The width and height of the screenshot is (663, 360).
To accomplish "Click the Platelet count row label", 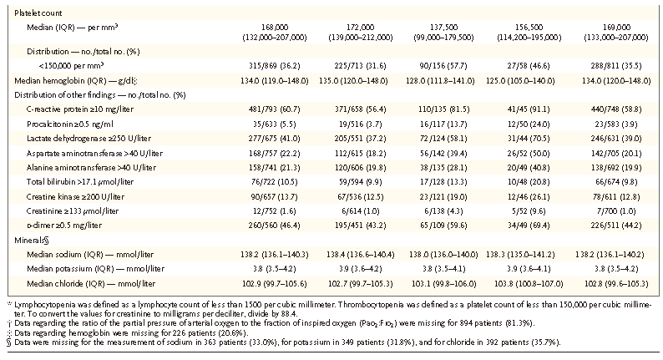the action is point(38,13).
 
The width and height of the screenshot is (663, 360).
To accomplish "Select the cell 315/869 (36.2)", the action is point(275,66).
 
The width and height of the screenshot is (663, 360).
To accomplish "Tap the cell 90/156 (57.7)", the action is point(443,66).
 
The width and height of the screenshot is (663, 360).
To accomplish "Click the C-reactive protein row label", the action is point(80,109).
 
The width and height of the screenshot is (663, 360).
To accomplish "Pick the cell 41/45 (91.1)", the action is point(529,109).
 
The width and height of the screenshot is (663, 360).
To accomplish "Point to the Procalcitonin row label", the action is point(70,124).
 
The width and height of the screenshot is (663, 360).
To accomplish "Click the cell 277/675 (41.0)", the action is point(275,139).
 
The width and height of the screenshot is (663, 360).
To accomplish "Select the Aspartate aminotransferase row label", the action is point(94,153).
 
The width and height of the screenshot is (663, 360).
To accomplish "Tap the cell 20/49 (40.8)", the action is point(529,168).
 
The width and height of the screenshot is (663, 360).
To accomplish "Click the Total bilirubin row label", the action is point(80,182).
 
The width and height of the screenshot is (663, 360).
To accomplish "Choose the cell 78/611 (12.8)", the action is point(616,197).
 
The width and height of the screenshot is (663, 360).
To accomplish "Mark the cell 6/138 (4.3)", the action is point(443,211).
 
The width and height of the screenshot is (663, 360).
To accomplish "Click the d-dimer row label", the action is point(64,226).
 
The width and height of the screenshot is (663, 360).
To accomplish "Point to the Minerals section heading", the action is point(32,241).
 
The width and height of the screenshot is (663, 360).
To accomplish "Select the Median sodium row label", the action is point(90,255).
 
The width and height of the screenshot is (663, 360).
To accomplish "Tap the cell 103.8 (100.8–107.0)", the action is point(529,284).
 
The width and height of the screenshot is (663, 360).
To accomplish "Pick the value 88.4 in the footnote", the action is point(289,314).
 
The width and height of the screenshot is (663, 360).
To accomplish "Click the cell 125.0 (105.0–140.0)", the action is point(529,81).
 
